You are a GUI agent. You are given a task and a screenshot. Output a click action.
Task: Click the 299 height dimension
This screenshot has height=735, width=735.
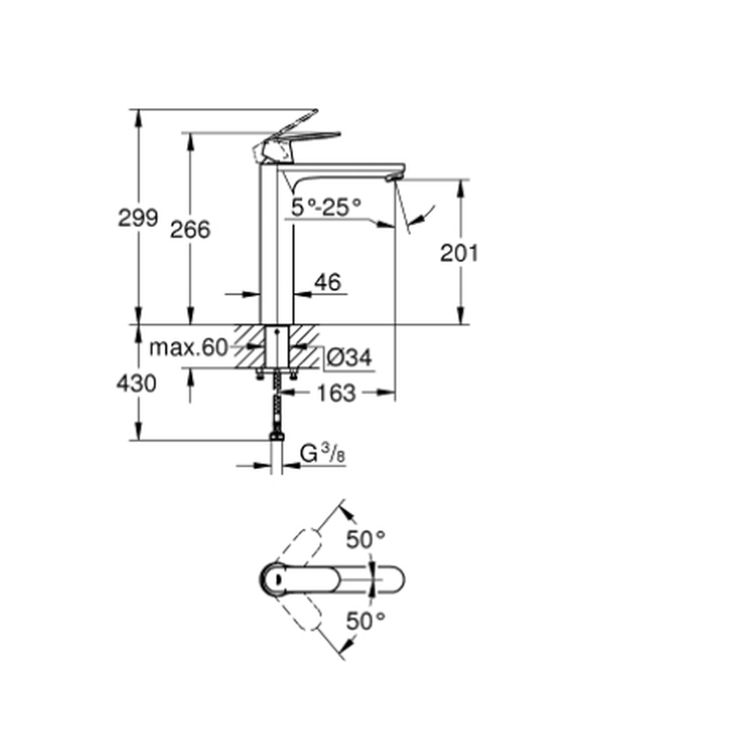pos(138,218)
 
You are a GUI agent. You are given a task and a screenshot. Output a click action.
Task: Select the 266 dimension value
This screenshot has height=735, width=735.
pos(190,229)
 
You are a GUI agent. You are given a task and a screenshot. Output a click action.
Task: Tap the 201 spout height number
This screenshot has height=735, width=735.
pos(459,253)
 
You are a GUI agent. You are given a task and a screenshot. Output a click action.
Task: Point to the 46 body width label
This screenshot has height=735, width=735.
pos(328,282)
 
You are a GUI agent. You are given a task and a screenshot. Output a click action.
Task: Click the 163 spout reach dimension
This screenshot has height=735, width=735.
pos(337,393)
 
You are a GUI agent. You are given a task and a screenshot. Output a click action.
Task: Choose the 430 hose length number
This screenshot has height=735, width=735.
pos(137,384)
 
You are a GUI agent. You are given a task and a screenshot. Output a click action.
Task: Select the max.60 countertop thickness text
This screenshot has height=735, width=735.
pos(188,348)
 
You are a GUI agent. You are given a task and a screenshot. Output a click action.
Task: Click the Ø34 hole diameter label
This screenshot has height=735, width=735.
pos(349,358)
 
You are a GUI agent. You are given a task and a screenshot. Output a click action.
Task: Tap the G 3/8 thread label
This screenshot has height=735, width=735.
pos(323,453)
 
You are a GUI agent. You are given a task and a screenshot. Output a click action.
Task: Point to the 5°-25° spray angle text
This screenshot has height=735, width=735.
pos(326,207)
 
